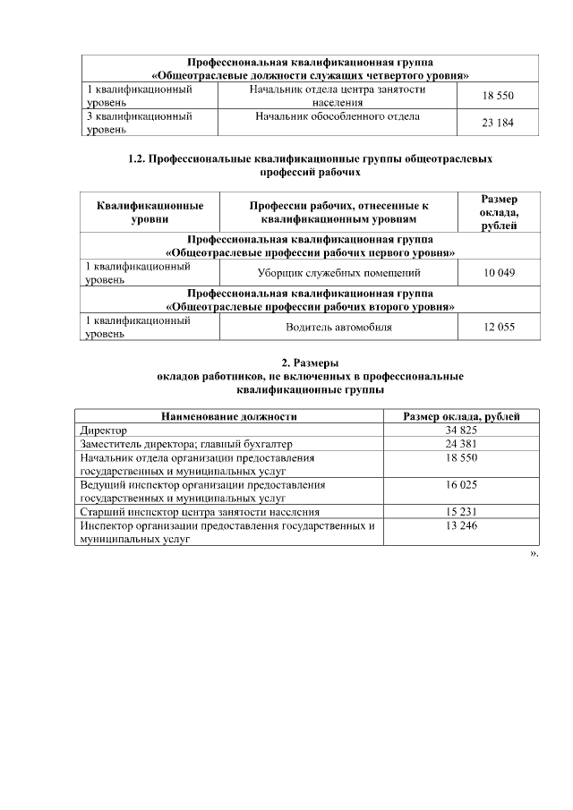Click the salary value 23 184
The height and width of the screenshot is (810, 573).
point(498,123)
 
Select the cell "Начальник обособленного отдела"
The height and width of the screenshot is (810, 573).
point(338,116)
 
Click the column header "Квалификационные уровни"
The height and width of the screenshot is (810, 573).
point(150,211)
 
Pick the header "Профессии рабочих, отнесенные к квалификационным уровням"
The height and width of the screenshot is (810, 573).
point(338,211)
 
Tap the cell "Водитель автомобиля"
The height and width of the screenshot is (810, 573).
point(338,328)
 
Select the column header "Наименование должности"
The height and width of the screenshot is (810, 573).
point(228,416)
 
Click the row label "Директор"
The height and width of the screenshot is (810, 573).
point(104,431)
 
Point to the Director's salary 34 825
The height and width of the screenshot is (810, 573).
point(461,431)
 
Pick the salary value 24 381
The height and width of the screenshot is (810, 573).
point(461,444)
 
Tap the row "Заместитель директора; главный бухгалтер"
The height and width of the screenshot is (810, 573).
point(186,444)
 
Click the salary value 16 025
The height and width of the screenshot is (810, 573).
point(461,484)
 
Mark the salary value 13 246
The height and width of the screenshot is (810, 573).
point(461,525)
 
